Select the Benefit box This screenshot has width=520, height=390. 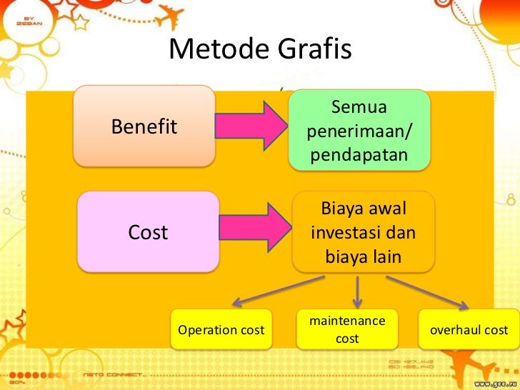[144, 127]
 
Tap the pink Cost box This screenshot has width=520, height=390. [148, 232]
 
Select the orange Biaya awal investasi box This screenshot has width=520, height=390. [364, 232]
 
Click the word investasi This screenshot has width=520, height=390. [364, 233]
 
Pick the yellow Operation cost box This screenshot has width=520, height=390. [221, 331]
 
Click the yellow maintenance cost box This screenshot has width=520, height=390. [347, 330]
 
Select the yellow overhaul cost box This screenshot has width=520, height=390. [468, 331]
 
